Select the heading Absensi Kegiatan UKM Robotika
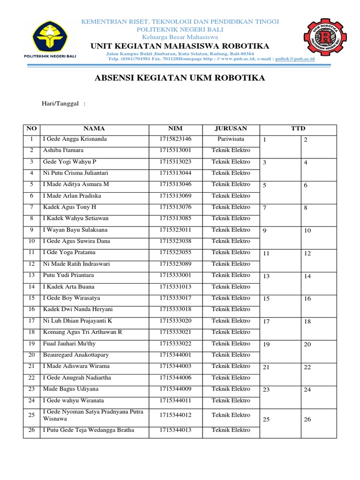tap(180, 78)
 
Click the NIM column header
tap(175, 128)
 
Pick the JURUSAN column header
tap(231, 128)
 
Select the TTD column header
tap(298, 128)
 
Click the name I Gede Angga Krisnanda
tap(75, 139)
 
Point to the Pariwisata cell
tap(231, 139)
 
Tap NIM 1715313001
tap(175, 150)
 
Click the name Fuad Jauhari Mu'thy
tap(69, 344)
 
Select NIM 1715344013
tap(175, 430)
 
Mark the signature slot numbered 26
tap(307, 420)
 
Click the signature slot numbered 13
tap(266, 276)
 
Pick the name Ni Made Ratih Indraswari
tap(76, 264)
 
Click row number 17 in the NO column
tap(31, 321)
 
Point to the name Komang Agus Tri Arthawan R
tap(82, 332)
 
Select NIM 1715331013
tap(175, 287)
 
